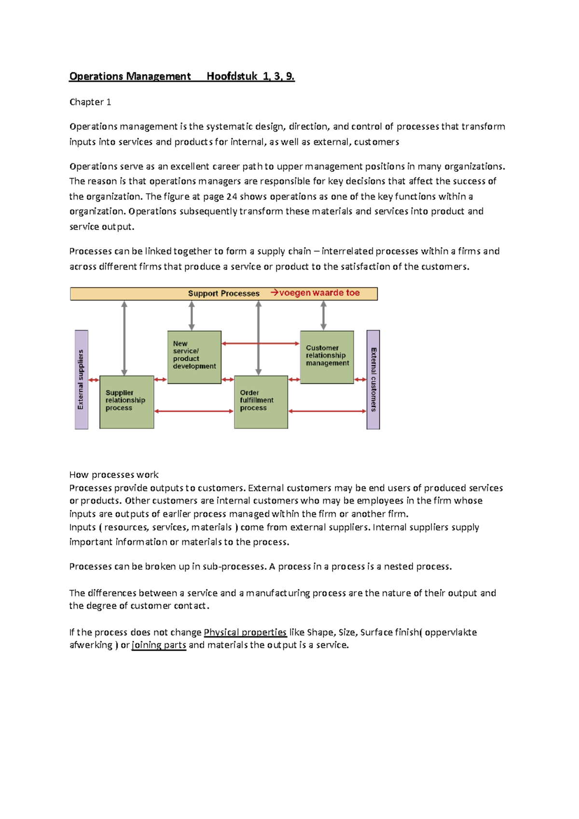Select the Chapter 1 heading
coord(90,102)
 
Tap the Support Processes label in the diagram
coord(223,293)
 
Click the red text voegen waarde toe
coord(319,293)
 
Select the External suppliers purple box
coord(81,380)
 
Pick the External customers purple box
coord(373,380)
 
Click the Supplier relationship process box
coord(126,402)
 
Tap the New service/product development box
coord(194,357)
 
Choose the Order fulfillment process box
coord(261,402)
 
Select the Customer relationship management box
coord(327,357)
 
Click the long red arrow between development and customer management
coord(261,343)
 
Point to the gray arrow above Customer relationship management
coord(323,315)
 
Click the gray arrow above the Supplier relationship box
coord(124,338)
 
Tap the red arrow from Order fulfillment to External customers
coord(327,411)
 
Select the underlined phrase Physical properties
coord(245,632)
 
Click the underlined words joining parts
coord(159,645)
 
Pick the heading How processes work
coord(114,475)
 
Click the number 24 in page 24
coord(232,196)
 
